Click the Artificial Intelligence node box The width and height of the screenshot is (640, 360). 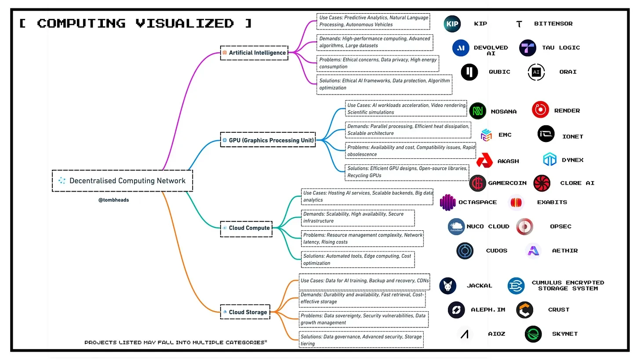pos(254,53)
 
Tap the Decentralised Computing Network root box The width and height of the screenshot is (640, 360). pos(122,181)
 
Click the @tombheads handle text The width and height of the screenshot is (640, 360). pos(113,200)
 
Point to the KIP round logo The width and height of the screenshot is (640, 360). pos(452,24)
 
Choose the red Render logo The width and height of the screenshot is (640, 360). pos(540,110)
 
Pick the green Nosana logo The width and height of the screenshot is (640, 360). pos(478,111)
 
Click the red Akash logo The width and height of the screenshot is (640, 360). pos(486,161)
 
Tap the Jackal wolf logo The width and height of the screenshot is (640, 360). pos(447,286)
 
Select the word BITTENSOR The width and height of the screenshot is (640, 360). pos(553,24)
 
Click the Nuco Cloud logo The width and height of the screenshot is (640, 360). pos(456,227)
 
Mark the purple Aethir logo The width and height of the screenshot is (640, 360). pos(534,251)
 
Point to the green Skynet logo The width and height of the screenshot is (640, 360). pos(533,334)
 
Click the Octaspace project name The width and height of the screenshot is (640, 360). pos(477,202)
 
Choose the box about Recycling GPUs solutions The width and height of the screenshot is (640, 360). pos(407,172)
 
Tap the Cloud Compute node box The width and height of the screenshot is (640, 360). pos(246,228)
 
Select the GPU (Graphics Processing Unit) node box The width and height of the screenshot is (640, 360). pos(268,141)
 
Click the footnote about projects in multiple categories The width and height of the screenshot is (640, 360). pos(175,342)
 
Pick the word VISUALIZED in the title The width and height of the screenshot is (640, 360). pos(185,23)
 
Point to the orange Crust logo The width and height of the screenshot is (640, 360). pos(525,310)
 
